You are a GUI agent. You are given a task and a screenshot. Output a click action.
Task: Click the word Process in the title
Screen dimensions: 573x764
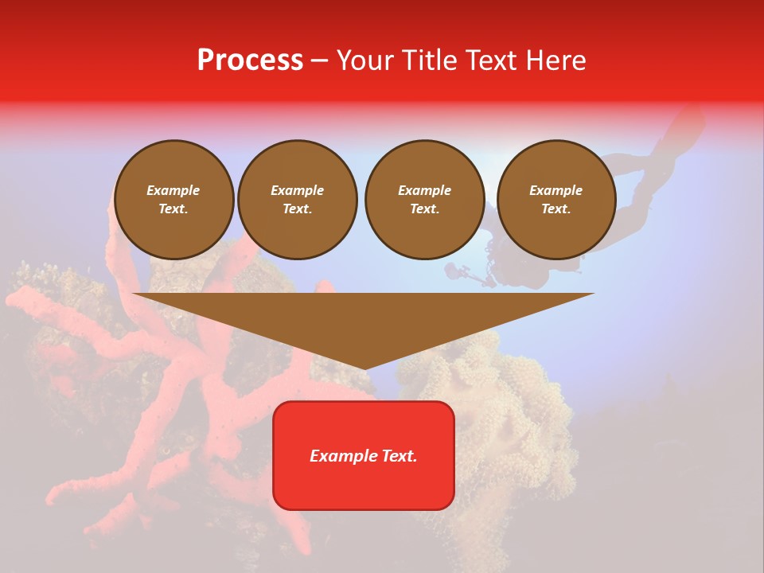(x=250, y=60)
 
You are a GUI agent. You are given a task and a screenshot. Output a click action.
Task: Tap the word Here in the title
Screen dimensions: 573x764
(x=555, y=60)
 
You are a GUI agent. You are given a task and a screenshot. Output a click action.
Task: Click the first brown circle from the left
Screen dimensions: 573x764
(x=174, y=200)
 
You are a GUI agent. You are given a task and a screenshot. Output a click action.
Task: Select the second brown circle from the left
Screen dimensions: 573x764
(x=298, y=200)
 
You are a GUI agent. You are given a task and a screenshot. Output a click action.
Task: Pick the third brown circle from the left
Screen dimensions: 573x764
(x=425, y=200)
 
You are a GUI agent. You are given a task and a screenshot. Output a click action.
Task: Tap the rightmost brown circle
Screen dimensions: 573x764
(x=556, y=200)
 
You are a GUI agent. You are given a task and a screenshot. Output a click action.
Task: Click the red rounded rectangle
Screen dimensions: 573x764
(x=364, y=455)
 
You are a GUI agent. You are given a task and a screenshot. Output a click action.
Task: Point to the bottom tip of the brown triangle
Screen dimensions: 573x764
(x=364, y=368)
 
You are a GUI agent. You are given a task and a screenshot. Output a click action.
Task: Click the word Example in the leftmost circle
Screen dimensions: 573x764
(x=173, y=190)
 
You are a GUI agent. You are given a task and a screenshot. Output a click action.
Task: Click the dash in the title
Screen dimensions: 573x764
(x=319, y=60)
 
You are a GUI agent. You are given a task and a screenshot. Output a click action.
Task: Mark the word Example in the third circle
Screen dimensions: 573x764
(x=424, y=190)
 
